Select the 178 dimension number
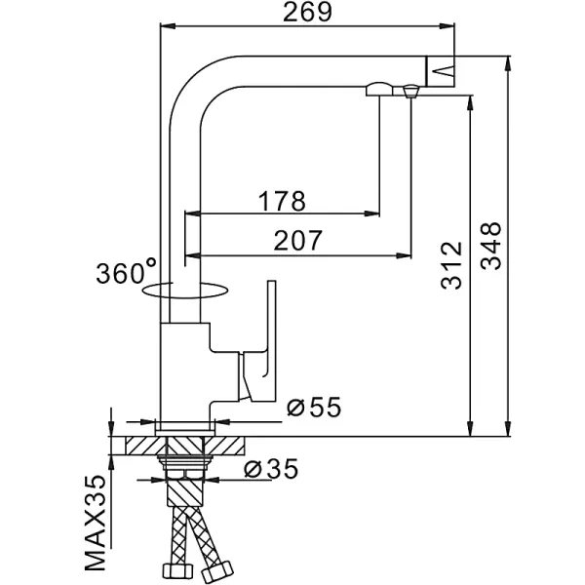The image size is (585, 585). pos(283,200)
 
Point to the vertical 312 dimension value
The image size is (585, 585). pos(451,265)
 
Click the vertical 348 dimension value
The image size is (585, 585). pos(492,246)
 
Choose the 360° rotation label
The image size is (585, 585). pos(126,270)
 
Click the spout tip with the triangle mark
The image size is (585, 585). pos(441,68)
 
